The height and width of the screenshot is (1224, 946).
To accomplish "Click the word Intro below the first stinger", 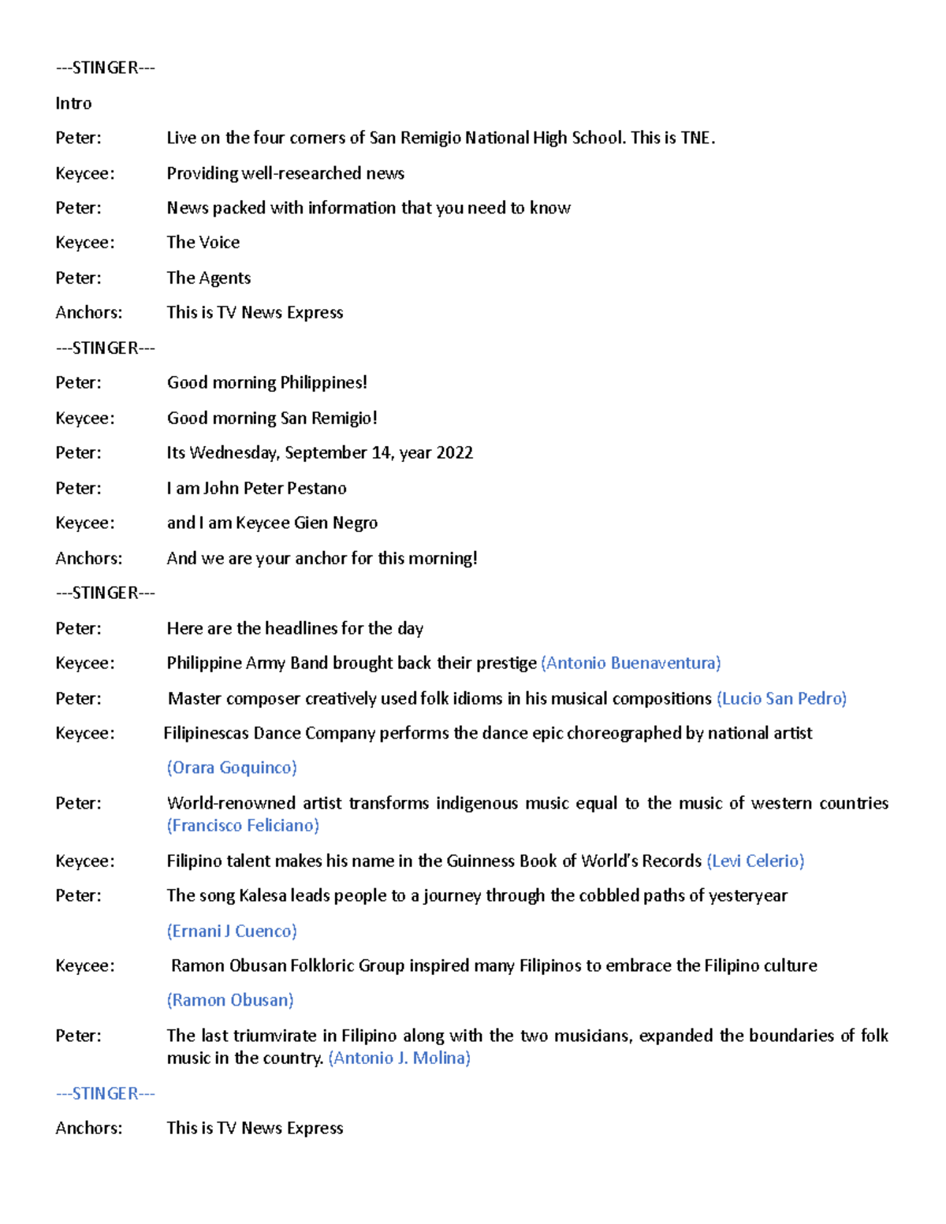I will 73,103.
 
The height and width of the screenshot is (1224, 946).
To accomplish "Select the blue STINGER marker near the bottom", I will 106,1093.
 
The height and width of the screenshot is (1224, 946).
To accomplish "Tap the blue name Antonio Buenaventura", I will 631,663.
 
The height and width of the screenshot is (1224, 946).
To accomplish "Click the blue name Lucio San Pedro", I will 781,698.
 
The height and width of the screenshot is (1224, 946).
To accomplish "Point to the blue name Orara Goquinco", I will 232,768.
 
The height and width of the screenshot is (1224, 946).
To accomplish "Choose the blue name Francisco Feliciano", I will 243,825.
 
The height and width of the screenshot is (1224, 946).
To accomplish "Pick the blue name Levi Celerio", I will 755,861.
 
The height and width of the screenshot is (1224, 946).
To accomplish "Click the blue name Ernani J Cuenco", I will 232,931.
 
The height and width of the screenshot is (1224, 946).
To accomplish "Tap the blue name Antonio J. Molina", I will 400,1058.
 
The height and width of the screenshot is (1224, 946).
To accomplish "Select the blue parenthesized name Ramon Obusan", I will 230,1000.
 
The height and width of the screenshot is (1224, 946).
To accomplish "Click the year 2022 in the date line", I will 454,453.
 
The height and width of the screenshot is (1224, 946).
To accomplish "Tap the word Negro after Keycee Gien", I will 355,523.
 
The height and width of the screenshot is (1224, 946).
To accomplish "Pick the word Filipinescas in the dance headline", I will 207,733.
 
